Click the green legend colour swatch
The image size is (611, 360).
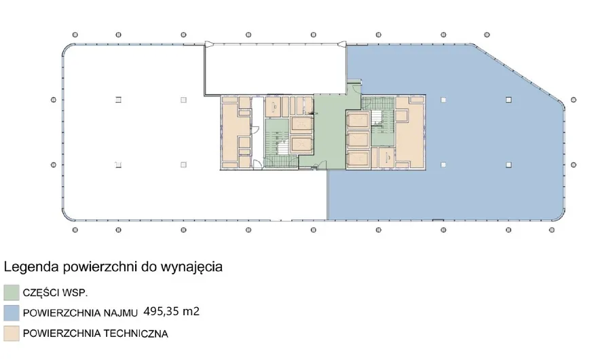[12, 293]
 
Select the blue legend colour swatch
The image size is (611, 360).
[12, 313]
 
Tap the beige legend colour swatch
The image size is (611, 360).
[12, 334]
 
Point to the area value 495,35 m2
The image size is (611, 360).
[172, 312]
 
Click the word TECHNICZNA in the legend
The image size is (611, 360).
[134, 334]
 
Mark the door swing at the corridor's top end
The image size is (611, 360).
[354, 86]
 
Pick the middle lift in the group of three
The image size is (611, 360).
[358, 139]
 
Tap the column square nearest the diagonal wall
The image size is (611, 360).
[508, 101]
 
